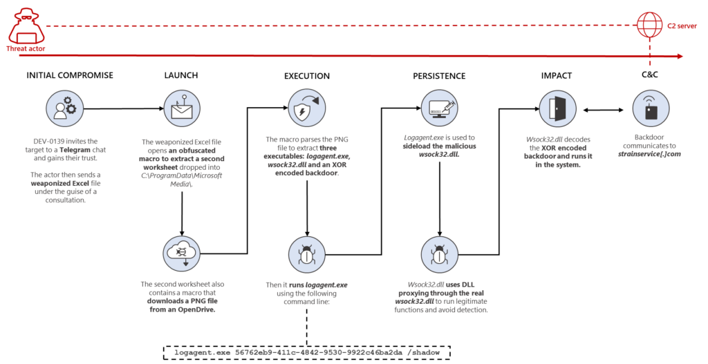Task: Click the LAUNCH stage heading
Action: coord(181,75)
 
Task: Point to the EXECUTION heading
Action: coord(306,75)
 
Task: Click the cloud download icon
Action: coord(181,254)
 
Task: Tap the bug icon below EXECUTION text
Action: coord(306,254)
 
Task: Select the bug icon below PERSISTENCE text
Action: coord(440,254)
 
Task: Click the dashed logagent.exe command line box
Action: coord(306,352)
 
